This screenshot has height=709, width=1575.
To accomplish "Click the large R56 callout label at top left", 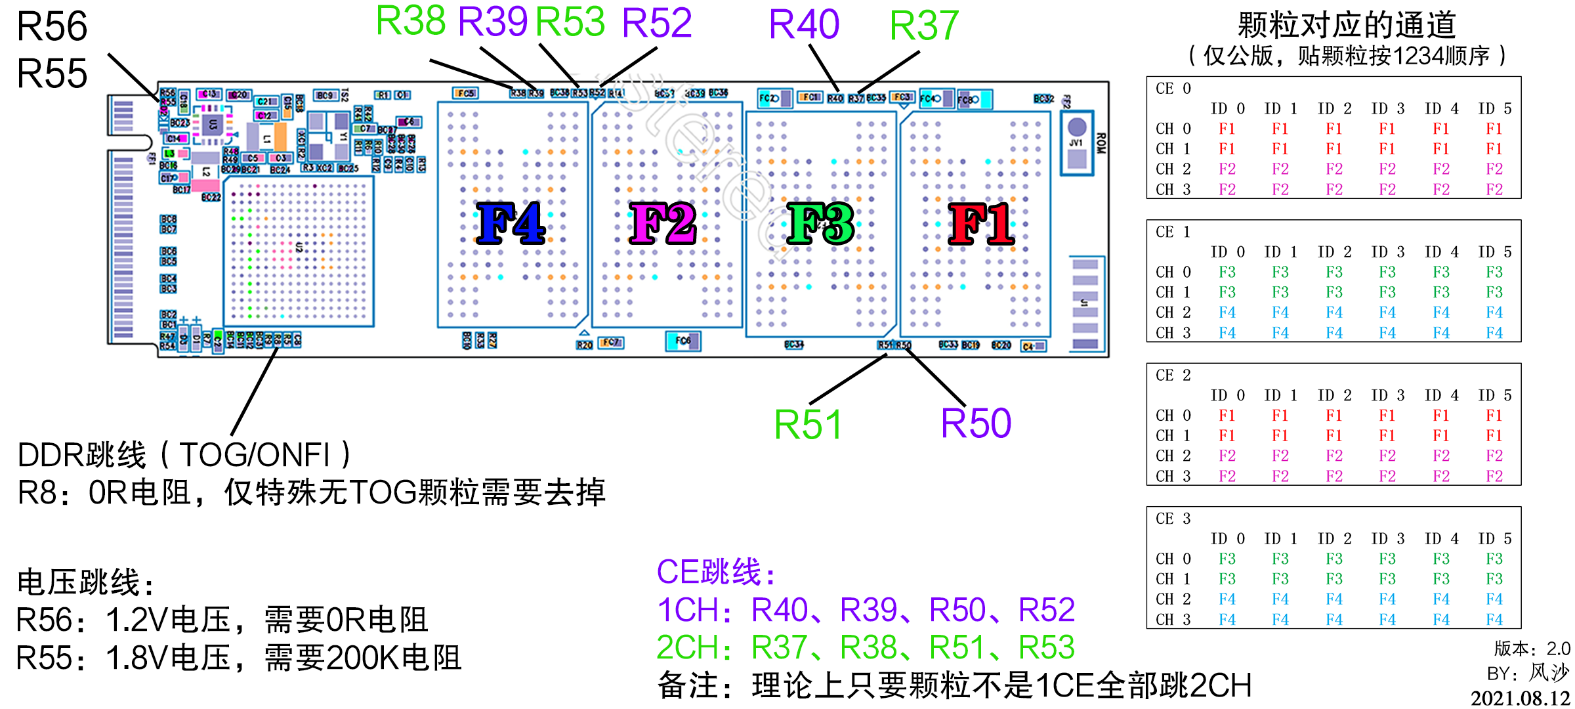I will (52, 27).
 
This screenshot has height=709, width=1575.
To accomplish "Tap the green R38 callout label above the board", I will (411, 21).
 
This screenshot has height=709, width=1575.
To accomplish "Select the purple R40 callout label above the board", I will (804, 25).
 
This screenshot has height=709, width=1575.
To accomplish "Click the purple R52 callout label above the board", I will (657, 23).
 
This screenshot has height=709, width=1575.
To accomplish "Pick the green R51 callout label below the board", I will (808, 425).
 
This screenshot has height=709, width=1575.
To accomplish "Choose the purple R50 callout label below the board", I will (976, 423).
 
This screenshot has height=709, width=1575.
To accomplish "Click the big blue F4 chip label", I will (511, 224).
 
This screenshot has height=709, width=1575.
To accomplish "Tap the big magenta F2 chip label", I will (662, 224).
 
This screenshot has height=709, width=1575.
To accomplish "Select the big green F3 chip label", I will (820, 224).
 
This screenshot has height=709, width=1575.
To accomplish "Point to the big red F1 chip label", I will (981, 224).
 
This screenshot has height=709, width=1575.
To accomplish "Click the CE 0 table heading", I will (1173, 89).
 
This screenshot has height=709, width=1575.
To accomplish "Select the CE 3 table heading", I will (1173, 519).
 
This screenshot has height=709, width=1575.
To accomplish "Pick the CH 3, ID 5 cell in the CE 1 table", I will (1494, 333).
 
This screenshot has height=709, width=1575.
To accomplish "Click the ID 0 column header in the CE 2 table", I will (1227, 395).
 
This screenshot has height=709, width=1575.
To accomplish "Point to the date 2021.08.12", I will (1520, 698).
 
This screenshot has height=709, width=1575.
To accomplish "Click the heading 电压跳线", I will (85, 582).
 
